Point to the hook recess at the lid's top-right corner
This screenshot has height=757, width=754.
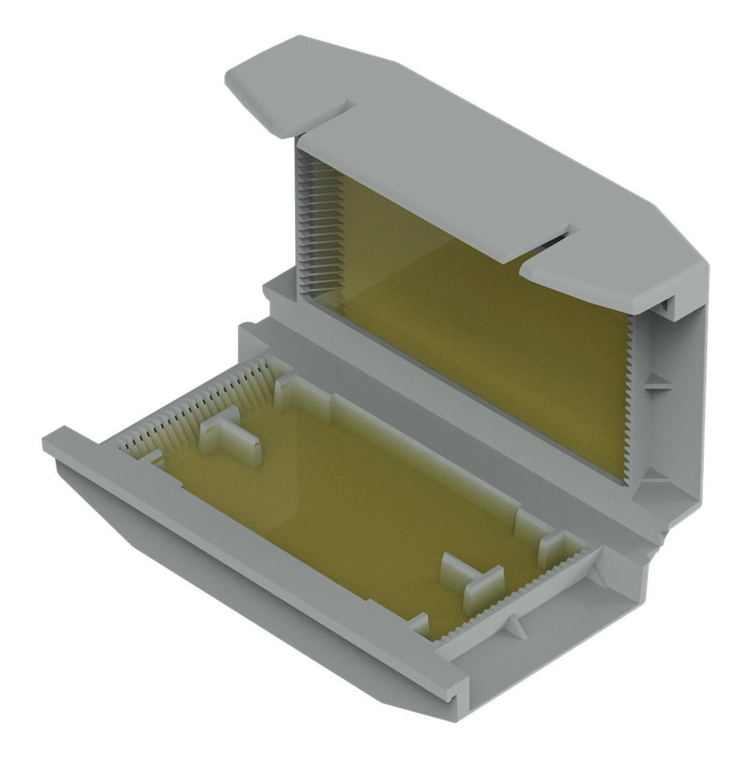(669, 305)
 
